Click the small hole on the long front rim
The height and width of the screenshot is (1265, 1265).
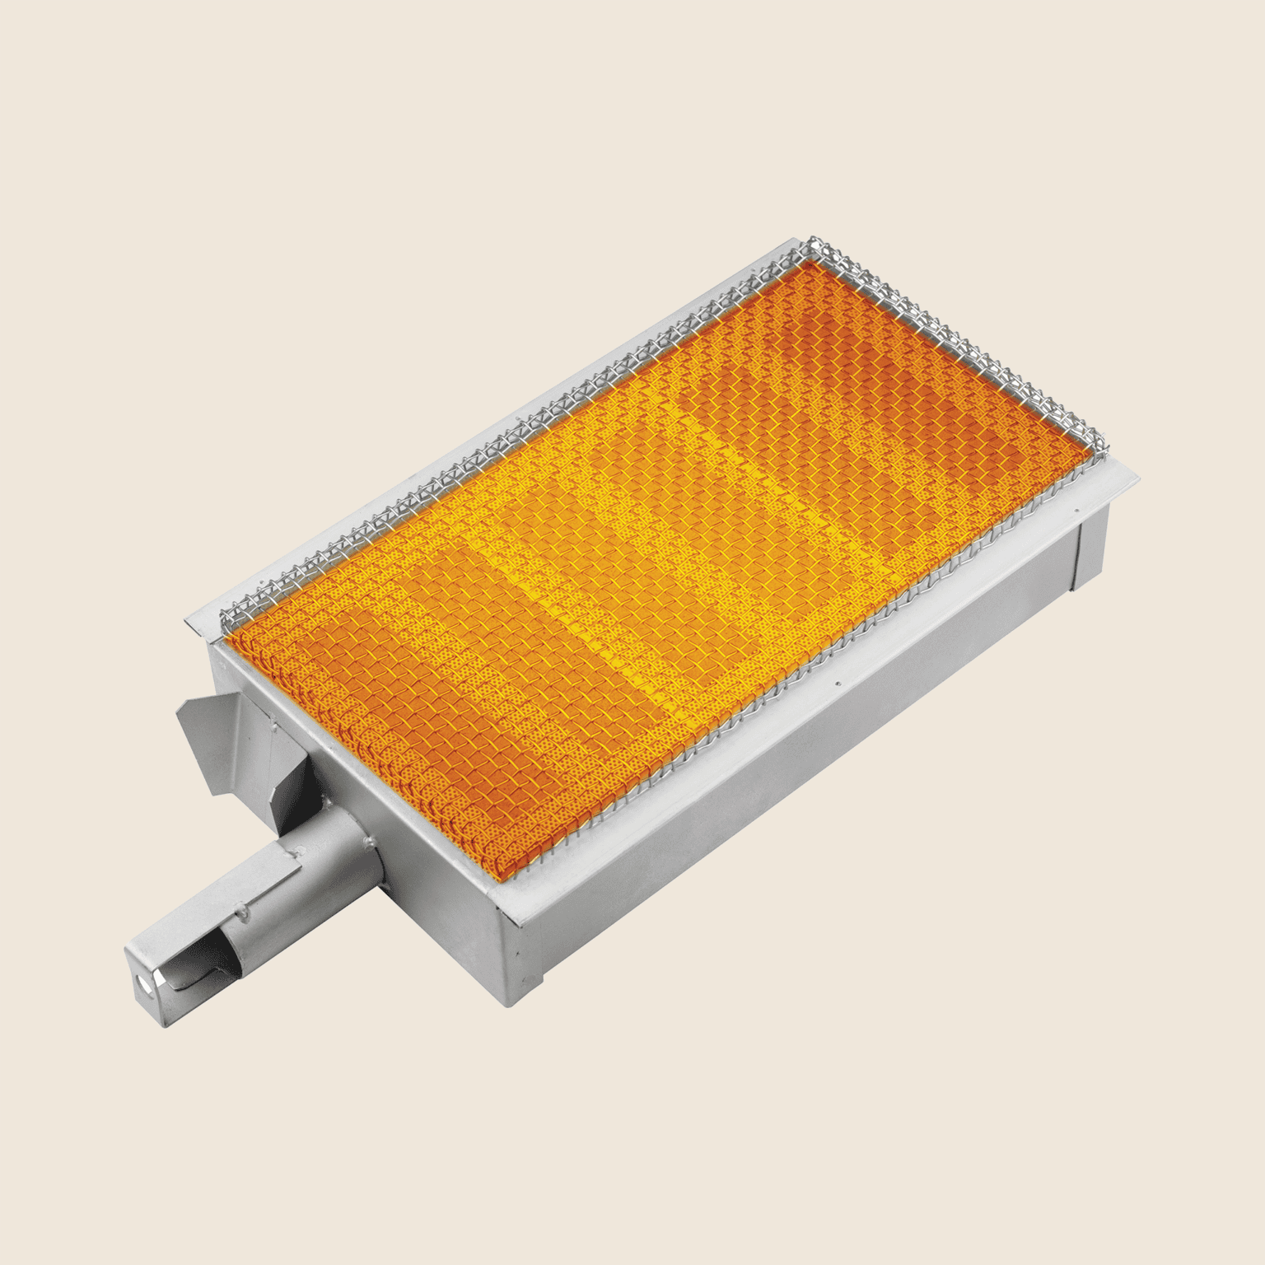(838, 683)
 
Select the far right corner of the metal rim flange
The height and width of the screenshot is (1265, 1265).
(1138, 475)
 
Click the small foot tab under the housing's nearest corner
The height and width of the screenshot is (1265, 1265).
(527, 988)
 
